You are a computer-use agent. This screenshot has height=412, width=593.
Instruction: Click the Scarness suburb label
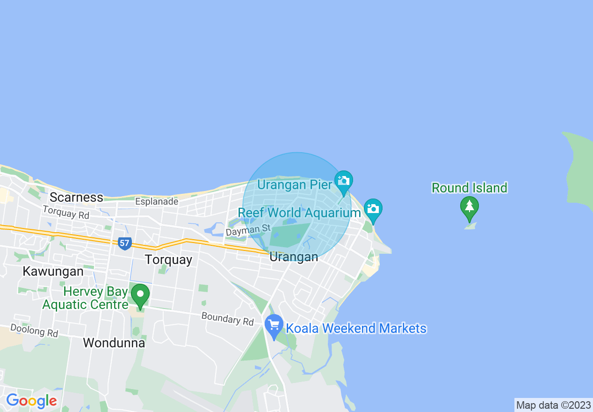pos(76,197)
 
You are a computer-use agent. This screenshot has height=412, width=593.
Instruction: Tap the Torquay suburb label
pos(168,259)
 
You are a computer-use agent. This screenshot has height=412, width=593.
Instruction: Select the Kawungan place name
pos(53,271)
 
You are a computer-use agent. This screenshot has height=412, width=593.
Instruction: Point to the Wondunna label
pos(114,343)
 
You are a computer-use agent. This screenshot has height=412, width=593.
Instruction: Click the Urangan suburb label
pos(294,257)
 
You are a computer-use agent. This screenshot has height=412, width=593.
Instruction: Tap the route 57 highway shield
pos(124,243)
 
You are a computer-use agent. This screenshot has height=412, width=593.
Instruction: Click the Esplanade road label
pos(157,202)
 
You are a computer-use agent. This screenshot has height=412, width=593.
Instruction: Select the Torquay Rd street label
pos(65,213)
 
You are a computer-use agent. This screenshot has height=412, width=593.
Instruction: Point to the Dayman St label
pos(248,229)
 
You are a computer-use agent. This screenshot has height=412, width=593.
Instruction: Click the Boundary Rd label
pos(227,319)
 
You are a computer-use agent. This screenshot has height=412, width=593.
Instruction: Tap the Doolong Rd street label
pos(34,331)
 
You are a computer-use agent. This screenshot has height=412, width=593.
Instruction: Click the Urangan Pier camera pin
pos(344,181)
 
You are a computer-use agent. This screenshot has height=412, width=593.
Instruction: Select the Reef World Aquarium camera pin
pos(373,209)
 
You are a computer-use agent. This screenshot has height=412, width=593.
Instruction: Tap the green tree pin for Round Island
pos(469,207)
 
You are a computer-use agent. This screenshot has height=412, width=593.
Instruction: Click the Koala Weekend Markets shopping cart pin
pos(274,324)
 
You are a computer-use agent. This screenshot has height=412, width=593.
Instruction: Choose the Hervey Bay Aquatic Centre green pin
pos(140,295)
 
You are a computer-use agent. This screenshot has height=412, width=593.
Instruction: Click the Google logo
pos(31,401)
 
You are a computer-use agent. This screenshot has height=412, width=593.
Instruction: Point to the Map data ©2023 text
pos(553,405)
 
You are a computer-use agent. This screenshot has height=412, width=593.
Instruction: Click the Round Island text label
pos(469,188)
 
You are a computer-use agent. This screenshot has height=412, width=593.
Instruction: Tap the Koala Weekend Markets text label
pos(356,328)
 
